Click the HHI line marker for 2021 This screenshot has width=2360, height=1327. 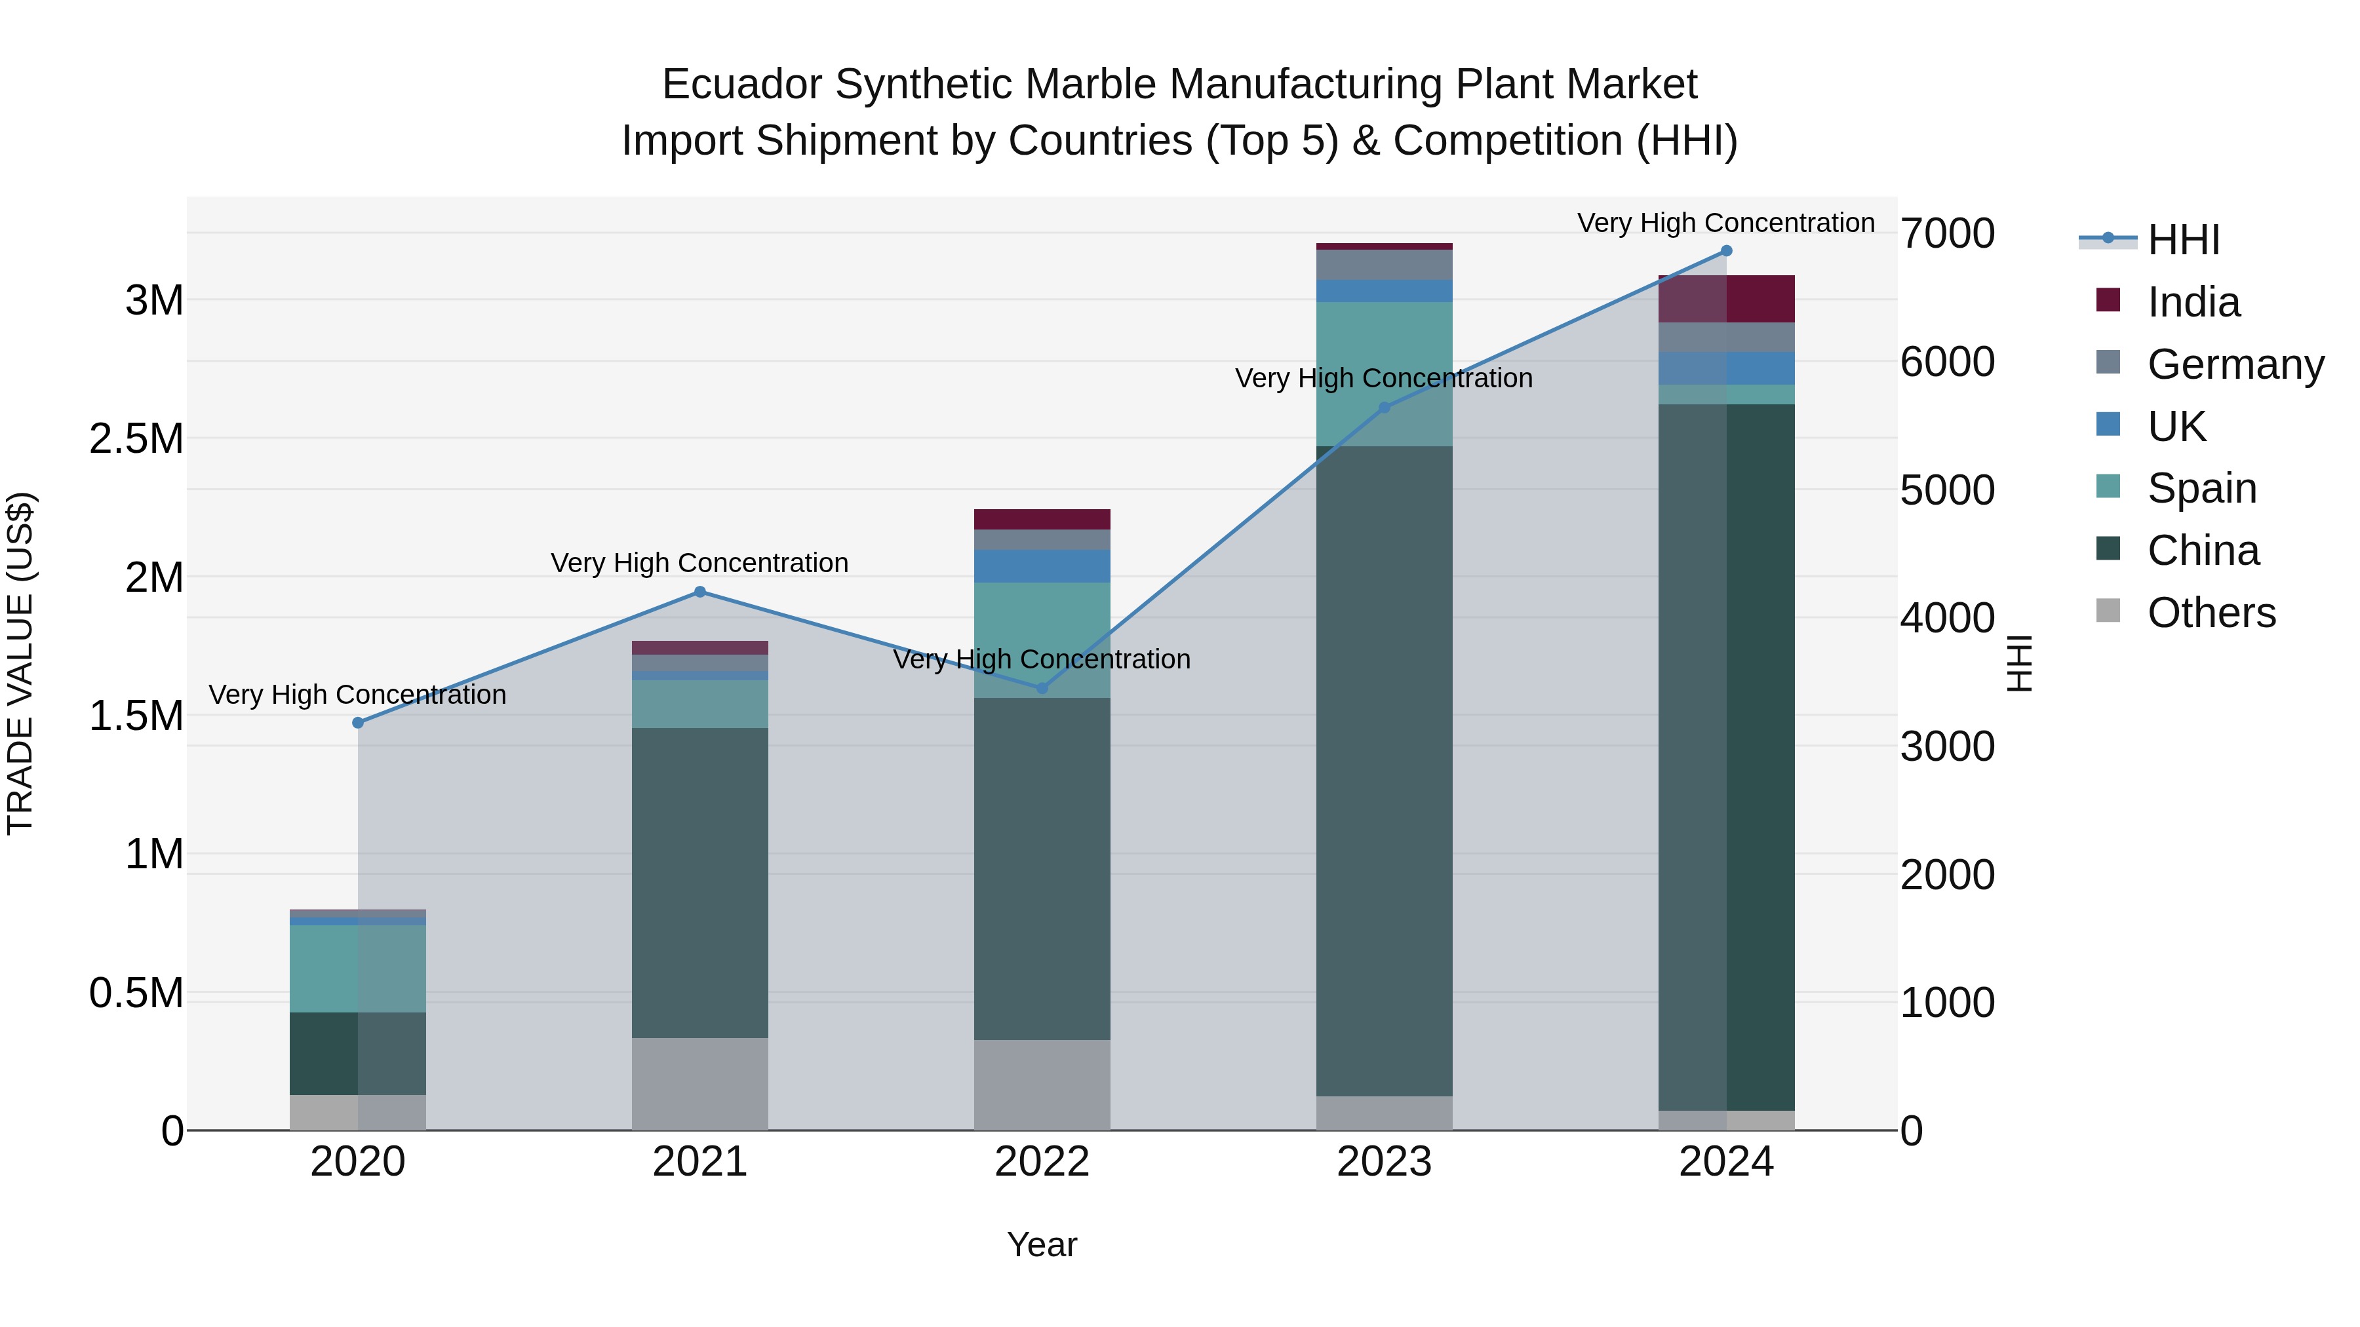pos(700,592)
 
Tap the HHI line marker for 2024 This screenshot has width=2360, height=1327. pos(1726,251)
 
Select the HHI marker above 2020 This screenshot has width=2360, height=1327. pos(358,723)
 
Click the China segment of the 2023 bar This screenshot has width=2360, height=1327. pos(1385,769)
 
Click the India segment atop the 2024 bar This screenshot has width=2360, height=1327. pos(1726,299)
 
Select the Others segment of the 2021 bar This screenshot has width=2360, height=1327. pos(700,1083)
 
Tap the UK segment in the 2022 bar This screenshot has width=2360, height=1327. pos(1042,566)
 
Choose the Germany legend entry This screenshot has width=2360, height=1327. pos(2235,364)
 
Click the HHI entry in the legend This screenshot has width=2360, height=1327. pos(2182,240)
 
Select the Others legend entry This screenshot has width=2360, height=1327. pos(2211,613)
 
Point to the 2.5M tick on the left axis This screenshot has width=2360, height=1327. pos(136,438)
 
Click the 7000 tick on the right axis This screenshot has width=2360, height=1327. pos(1947,233)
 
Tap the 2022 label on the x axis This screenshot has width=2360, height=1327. pos(1042,1162)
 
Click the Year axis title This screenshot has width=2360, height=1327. pos(1042,1244)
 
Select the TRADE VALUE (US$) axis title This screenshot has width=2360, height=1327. pos(20,663)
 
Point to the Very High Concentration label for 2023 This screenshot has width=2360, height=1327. pos(1383,378)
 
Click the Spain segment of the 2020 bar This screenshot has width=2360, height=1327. pos(358,968)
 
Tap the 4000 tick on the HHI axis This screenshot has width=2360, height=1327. pos(1947,618)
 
